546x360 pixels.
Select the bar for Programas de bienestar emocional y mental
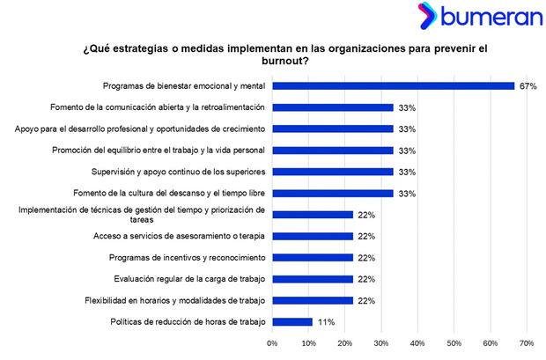[393, 86]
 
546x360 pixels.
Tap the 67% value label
[528, 86]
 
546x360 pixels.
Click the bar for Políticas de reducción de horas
[292, 322]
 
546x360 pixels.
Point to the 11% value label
[324, 322]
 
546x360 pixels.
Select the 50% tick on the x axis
[454, 343]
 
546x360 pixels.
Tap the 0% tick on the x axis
[272, 343]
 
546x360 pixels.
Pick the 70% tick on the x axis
[527, 343]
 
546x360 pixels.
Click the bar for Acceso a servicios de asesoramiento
[313, 236]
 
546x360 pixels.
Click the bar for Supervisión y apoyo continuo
[333, 172]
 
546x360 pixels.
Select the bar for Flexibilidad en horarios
[313, 300]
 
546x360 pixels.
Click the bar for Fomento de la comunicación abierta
[333, 107]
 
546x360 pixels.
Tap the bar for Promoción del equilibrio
[333, 151]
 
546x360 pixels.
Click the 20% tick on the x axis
[345, 343]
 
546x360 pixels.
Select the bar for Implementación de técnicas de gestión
[313, 215]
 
